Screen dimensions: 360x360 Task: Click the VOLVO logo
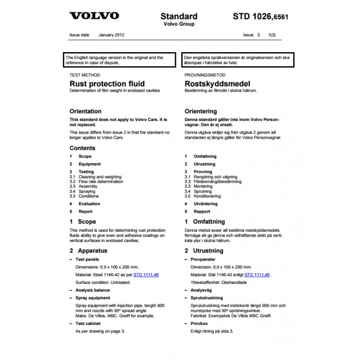point(94,16)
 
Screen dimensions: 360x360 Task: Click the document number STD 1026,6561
point(261,17)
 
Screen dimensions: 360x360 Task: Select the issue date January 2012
point(112,34)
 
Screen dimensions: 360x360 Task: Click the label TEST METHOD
point(85,75)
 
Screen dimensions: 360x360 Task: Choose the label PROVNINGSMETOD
point(205,75)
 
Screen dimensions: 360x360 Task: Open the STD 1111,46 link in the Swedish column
point(257,274)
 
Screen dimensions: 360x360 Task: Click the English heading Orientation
point(85,111)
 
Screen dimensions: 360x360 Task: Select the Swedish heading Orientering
point(201,111)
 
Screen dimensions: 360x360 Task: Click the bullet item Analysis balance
point(92,290)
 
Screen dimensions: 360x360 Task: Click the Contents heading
point(82,148)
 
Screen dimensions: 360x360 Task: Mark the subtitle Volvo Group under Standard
point(179,24)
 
